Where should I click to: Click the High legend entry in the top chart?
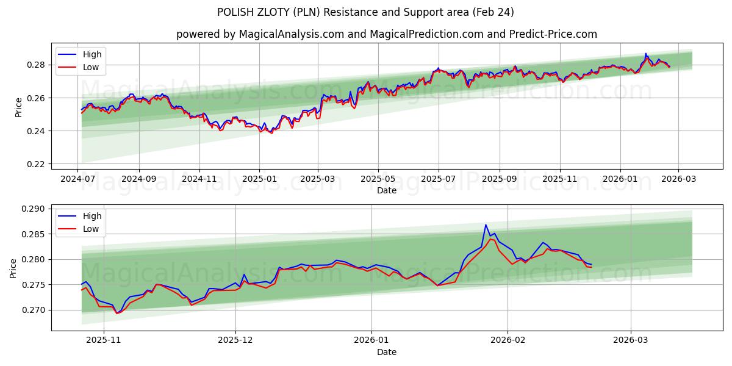(x=92, y=54)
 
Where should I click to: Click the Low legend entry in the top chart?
(x=90, y=67)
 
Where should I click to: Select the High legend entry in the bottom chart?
(x=92, y=216)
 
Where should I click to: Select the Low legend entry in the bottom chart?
(x=90, y=229)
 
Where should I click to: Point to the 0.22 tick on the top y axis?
(x=36, y=164)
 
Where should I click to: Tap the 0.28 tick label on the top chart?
(x=36, y=65)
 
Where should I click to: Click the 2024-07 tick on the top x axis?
(x=78, y=179)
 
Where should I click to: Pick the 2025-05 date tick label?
(x=378, y=179)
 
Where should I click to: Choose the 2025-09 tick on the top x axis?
(x=499, y=179)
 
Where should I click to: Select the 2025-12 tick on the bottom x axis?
(x=235, y=341)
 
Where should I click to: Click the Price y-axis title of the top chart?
(x=18, y=107)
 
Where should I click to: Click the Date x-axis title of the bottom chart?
(x=387, y=352)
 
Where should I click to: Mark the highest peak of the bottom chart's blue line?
(x=486, y=224)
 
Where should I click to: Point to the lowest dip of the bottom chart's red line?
(x=117, y=314)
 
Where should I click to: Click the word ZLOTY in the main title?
(x=268, y=12)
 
